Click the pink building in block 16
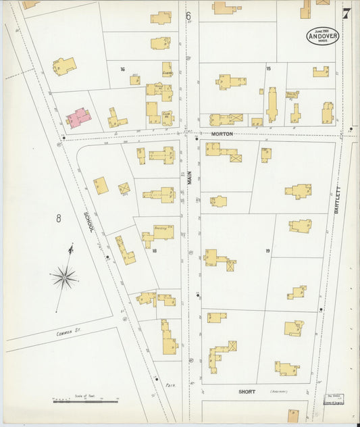coord(79,118)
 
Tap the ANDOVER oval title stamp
coord(322,36)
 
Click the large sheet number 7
coord(346,13)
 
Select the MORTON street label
coord(221,134)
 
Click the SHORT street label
coord(247,391)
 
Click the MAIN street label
coord(190,178)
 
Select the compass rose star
coord(65,276)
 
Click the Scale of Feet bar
coord(85,401)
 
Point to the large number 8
coord(59,218)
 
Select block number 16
coord(123,69)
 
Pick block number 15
coord(268,69)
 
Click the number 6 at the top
coord(188,15)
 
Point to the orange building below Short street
coord(294,415)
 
